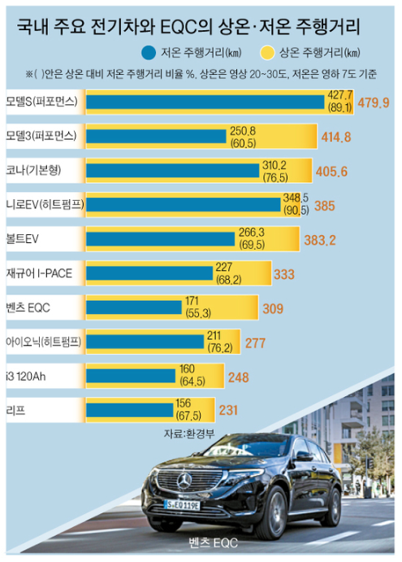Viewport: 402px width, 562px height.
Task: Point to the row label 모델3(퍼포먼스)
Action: click(x=41, y=136)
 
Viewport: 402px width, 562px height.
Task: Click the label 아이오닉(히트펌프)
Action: click(x=42, y=341)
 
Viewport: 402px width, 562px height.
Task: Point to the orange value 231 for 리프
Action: click(x=228, y=411)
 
